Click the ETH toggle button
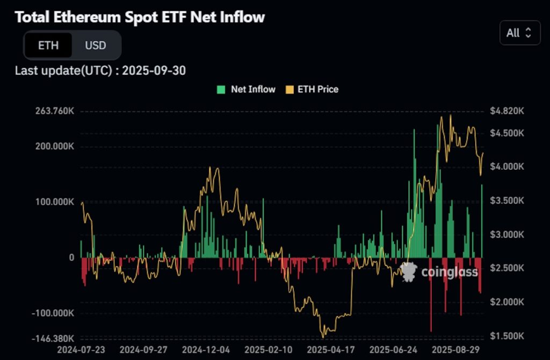pos(48,45)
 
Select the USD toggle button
pos(96,45)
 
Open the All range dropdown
pos(519,33)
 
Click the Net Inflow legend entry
pos(247,89)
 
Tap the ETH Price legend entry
pos(312,89)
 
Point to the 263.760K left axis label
pos(54,111)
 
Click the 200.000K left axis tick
pos(54,146)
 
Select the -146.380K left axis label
pos(53,339)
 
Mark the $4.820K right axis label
pos(506,111)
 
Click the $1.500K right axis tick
pos(506,336)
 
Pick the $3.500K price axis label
pos(506,200)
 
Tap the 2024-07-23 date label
pos(83,349)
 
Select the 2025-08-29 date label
pos(455,349)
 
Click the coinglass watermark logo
pos(409,272)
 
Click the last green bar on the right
pos(482,221)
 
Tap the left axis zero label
pos(71,257)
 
